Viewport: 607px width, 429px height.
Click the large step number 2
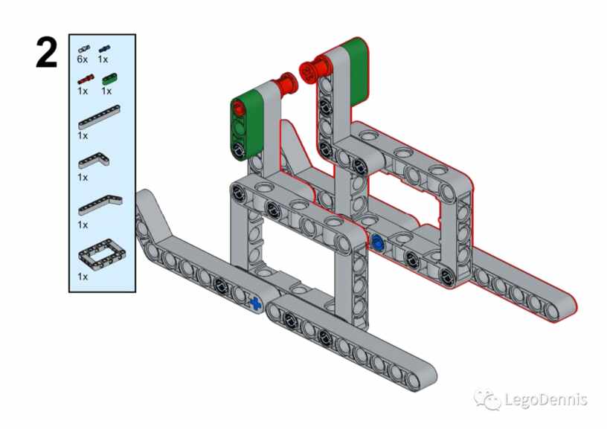[x=46, y=53]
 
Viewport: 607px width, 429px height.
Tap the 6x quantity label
[x=82, y=59]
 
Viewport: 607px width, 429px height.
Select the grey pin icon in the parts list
[x=84, y=49]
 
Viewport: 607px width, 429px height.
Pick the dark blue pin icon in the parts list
[x=104, y=49]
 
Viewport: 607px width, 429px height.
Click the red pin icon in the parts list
[x=86, y=79]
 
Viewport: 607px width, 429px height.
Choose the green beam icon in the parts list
[x=109, y=79]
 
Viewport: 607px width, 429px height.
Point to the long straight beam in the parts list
[x=99, y=117]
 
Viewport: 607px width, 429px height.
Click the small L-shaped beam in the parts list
[x=94, y=161]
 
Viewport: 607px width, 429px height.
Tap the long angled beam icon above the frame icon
[x=100, y=205]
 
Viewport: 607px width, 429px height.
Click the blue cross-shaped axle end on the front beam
[x=255, y=303]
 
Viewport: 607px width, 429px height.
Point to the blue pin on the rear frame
[x=376, y=242]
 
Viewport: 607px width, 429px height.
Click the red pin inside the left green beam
[x=240, y=108]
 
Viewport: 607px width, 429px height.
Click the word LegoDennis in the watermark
[x=547, y=399]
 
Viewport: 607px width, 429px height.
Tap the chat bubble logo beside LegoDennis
[x=488, y=399]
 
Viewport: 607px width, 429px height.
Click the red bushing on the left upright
[x=286, y=84]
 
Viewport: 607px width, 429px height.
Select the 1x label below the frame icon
[x=83, y=277]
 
